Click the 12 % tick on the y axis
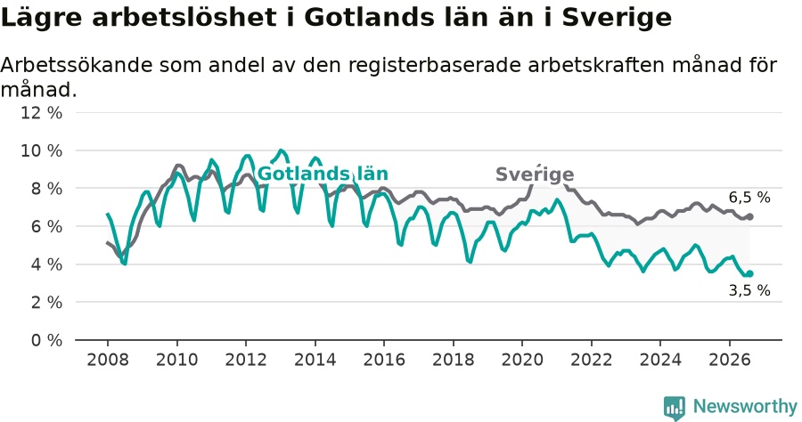coord(41,112)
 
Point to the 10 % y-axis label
coord(41,150)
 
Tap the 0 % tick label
coord(46,340)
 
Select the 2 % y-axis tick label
coord(46,303)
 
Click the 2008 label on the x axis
coord(108,360)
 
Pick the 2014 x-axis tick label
coord(315,360)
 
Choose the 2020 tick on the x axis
coord(522,360)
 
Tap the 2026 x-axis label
coord(729,360)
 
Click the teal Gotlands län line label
coord(323,174)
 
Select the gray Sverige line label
coord(535,174)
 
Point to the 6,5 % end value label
coord(749,198)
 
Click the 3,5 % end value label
coord(749,291)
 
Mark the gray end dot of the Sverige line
coord(749,216)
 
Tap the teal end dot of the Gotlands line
coord(749,274)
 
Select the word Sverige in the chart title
coord(617,19)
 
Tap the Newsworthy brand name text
coord(745,407)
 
